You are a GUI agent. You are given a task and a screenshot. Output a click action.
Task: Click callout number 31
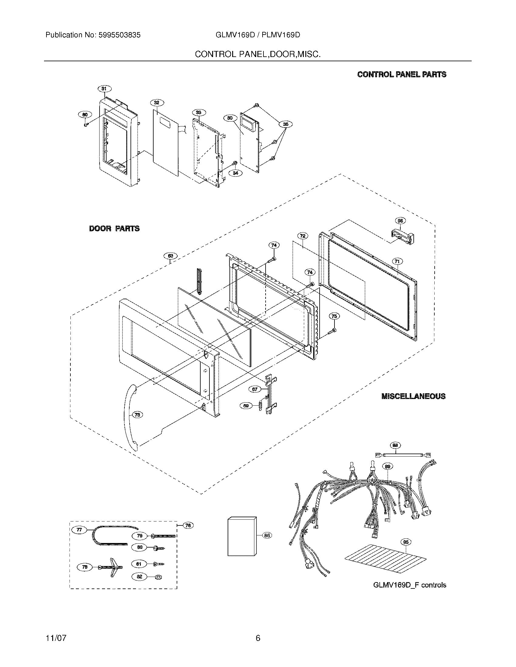tap(104, 89)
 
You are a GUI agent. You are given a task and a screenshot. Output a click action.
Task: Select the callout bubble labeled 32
tap(157, 102)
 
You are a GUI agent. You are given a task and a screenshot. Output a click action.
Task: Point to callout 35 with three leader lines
tap(286, 124)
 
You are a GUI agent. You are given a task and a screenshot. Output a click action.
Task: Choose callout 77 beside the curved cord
tap(79, 530)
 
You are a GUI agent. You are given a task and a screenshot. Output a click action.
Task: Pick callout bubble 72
tap(302, 236)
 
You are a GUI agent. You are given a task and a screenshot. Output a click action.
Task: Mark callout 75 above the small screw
tap(334, 316)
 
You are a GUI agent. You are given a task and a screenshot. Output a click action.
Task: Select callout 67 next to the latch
tap(255, 389)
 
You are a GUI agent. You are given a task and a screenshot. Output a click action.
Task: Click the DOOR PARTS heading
tap(114, 228)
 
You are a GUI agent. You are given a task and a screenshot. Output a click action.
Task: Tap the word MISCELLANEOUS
tap(413, 396)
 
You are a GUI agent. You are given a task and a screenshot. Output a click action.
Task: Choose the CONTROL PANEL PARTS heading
tap(402, 74)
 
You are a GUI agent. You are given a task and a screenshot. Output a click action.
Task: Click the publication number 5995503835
tap(120, 35)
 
